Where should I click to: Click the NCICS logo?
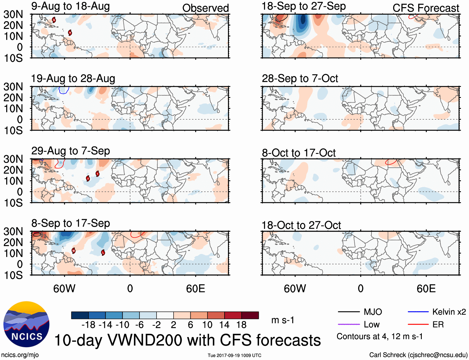26,324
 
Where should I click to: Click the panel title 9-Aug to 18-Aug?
71,6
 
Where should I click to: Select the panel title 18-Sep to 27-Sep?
303,6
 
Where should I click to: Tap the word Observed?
205,8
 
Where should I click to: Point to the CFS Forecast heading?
426,8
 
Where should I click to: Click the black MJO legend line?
349,312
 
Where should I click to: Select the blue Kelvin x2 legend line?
418,312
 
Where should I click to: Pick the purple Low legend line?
349,325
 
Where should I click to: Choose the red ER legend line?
418,325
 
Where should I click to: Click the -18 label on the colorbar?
88,325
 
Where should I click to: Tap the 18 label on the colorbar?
241,325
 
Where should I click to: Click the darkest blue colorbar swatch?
80,315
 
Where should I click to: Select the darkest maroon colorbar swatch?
250,315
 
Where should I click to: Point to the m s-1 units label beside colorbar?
283,320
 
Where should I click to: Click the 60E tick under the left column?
195,288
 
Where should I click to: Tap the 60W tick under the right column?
295,288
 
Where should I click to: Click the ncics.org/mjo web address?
20,355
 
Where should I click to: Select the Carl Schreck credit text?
418,355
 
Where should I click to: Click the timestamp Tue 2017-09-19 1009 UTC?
234,355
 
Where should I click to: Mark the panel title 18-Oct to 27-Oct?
301,225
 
